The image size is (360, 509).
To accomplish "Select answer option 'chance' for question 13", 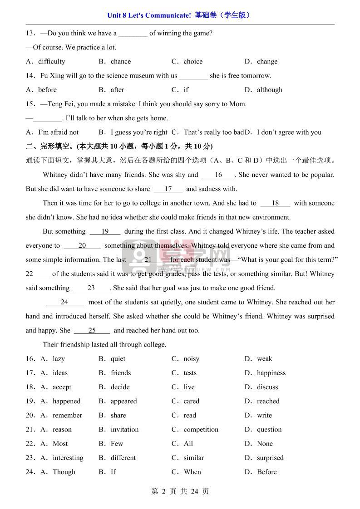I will click(x=120, y=62).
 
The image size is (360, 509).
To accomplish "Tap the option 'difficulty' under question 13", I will click(x=51, y=62).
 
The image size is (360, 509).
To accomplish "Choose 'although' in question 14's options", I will click(x=269, y=90).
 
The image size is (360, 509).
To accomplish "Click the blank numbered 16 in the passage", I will click(x=218, y=175).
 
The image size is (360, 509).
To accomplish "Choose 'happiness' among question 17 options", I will click(x=271, y=373).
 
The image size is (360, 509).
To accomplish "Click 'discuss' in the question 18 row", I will click(x=267, y=387).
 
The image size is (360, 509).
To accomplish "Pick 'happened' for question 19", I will click(x=66, y=401).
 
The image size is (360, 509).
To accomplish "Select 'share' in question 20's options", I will click(x=118, y=416).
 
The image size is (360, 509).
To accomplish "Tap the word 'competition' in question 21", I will click(x=201, y=430).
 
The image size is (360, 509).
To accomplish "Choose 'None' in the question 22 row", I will click(x=265, y=444).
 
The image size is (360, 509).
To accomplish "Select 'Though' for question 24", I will click(x=64, y=472).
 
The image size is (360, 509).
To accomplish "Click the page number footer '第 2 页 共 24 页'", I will click(x=180, y=491).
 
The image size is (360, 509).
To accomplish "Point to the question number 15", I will click(x=30, y=104).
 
